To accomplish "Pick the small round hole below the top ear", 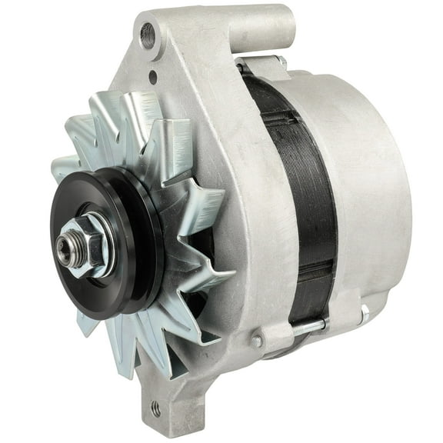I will pos(152,77).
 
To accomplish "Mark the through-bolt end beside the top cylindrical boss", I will pos(281,62).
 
